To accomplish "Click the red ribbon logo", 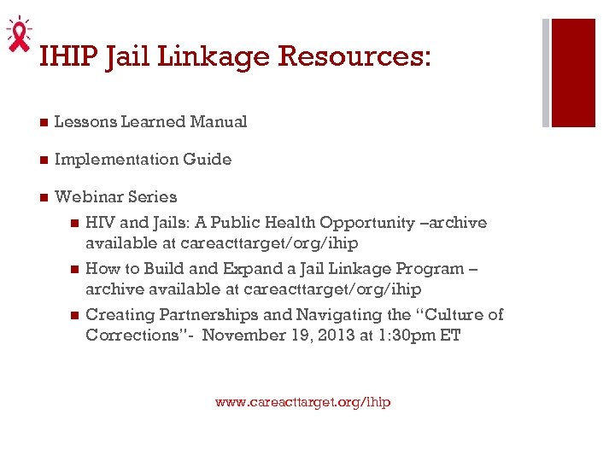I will coord(17,34).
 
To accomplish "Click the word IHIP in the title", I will coord(68,56).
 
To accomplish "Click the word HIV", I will coord(100,223).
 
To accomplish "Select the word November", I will coord(243,336).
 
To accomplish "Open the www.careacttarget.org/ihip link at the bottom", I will coord(302,401).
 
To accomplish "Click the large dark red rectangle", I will coord(573,73).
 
